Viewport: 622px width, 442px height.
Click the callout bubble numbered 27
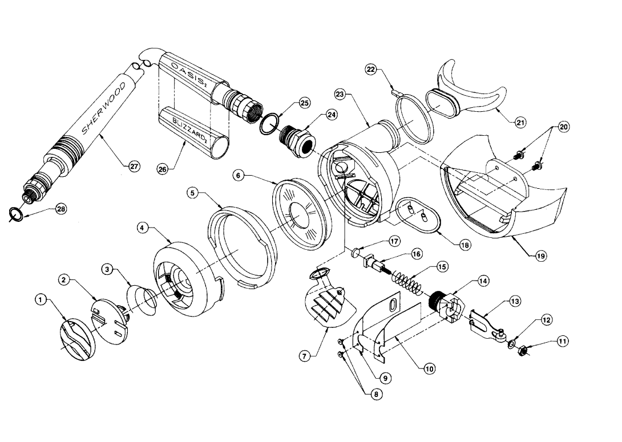134,167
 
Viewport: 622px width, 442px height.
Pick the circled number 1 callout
41,298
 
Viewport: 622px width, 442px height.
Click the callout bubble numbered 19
540,256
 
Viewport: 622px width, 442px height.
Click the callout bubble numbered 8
377,394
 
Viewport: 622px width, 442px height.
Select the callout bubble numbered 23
339,95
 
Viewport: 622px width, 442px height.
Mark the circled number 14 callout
483,281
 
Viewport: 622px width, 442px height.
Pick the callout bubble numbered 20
564,127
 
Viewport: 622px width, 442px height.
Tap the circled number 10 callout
429,369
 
